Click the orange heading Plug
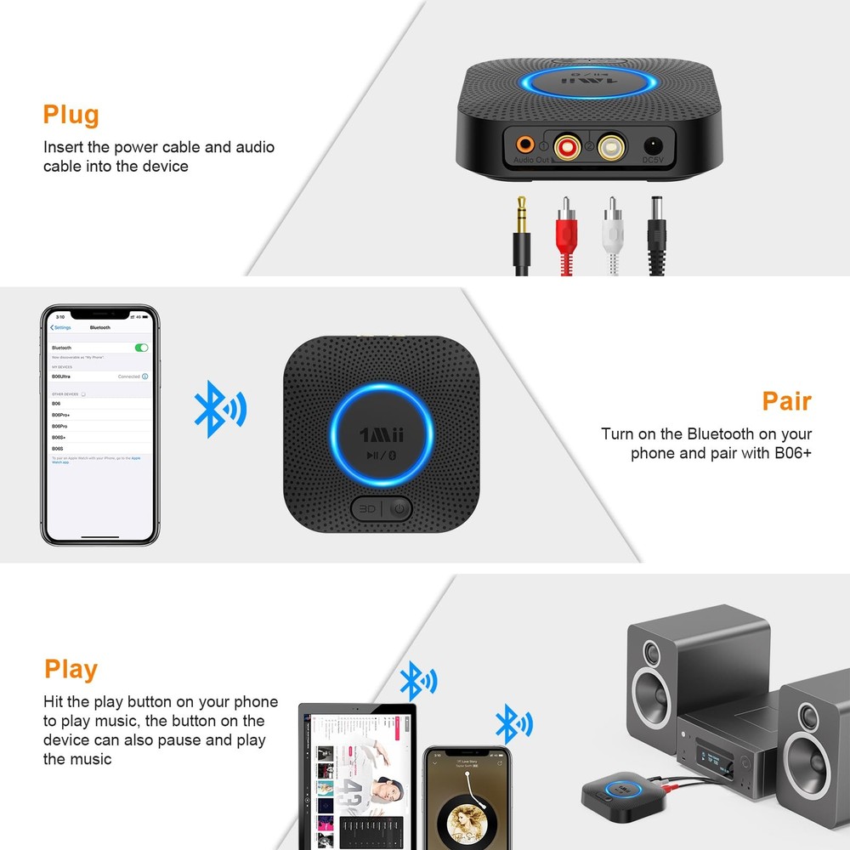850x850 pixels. tap(71, 115)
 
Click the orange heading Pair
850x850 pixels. tap(786, 401)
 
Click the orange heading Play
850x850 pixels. tap(71, 670)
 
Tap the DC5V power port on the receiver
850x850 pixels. tap(653, 147)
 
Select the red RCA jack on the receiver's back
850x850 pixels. tap(564, 149)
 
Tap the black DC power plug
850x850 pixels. tap(655, 223)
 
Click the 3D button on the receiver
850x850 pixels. tap(366, 509)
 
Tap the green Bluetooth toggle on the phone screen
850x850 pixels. tap(142, 348)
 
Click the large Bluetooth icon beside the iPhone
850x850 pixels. tap(218, 407)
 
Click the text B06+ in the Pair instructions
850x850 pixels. tap(793, 453)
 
